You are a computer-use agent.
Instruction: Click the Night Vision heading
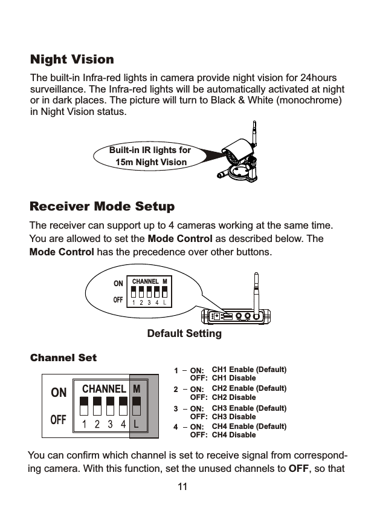click(x=72, y=60)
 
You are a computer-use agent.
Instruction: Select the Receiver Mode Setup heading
click(x=102, y=207)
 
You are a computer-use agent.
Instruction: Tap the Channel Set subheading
click(x=63, y=358)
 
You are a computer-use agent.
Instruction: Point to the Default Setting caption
click(x=184, y=334)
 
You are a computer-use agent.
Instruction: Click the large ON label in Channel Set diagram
click(x=59, y=393)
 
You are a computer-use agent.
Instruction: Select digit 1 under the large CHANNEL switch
click(x=83, y=424)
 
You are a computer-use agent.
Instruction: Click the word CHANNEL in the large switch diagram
click(x=103, y=388)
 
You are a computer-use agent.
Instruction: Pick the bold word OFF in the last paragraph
click(x=300, y=469)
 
